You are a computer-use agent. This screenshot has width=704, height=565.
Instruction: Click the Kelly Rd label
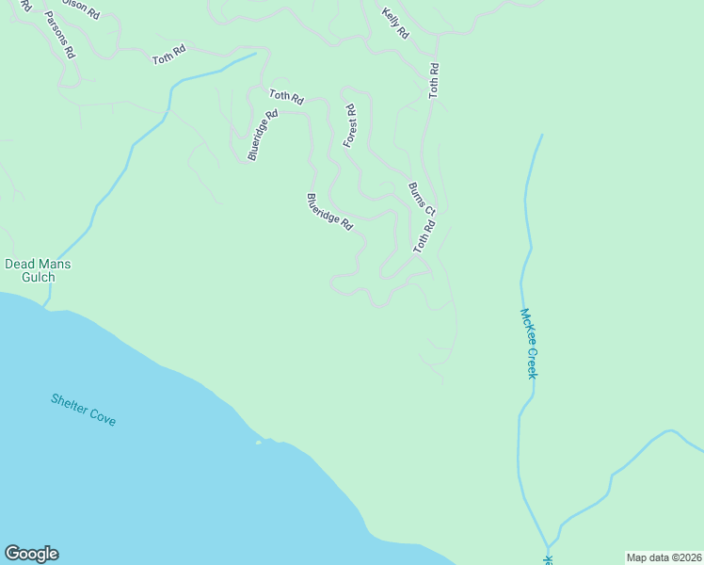(x=395, y=24)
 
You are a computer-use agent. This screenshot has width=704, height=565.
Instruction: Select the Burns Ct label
(x=422, y=198)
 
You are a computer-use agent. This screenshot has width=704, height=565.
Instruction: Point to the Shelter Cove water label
(x=84, y=410)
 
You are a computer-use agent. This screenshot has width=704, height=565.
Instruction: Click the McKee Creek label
(x=530, y=344)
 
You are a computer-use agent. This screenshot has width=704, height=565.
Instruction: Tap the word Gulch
(x=38, y=278)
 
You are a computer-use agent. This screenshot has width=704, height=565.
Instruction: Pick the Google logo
(x=31, y=554)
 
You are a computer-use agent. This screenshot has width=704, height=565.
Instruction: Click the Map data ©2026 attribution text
(x=664, y=557)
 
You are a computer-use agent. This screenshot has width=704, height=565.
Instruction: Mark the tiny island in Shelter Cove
(x=259, y=442)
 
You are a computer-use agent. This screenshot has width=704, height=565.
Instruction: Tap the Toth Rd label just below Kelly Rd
(x=434, y=81)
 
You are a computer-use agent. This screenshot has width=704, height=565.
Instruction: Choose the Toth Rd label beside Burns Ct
(x=424, y=236)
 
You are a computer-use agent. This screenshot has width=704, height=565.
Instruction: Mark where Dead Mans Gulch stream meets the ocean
(x=44, y=306)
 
